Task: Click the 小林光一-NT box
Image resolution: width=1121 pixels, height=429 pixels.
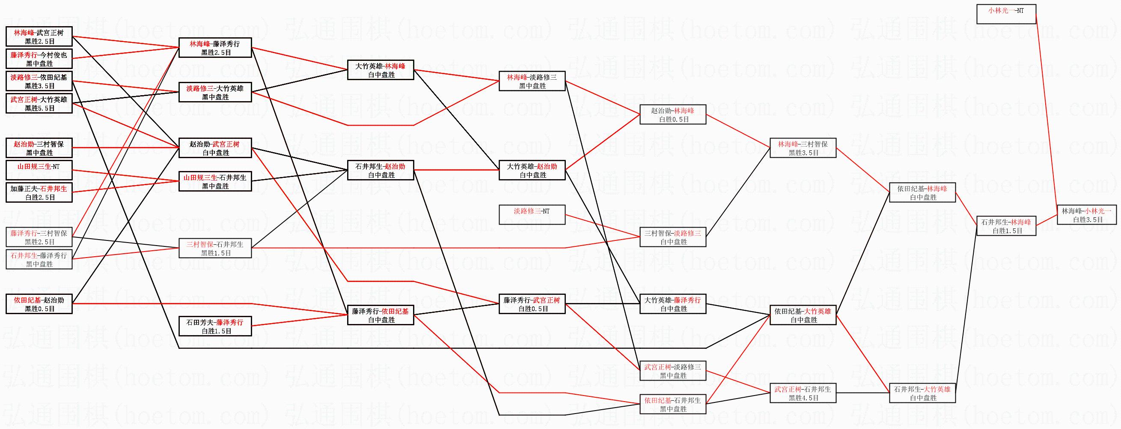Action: coord(1006,14)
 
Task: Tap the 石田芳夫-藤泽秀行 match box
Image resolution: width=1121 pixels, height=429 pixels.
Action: coord(215,326)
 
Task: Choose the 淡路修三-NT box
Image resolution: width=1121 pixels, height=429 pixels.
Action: coord(532,215)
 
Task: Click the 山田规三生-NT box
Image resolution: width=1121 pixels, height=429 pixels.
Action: coord(39,170)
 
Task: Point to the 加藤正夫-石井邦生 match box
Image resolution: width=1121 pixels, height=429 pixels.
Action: coord(39,192)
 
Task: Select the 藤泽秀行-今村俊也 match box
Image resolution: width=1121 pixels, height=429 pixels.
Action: coord(39,59)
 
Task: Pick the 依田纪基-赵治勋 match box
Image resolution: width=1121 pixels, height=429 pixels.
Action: coord(39,304)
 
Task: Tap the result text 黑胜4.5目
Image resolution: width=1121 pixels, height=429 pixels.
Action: coord(803,398)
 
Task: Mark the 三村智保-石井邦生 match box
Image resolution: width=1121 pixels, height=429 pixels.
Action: coord(215,248)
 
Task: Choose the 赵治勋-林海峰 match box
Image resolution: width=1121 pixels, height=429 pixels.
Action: coord(673,114)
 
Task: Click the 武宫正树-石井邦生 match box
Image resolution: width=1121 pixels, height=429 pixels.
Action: coord(803,393)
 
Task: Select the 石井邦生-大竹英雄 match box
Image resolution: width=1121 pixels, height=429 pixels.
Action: coord(922,393)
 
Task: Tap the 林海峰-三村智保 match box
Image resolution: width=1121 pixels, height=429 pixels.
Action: coord(803,148)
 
